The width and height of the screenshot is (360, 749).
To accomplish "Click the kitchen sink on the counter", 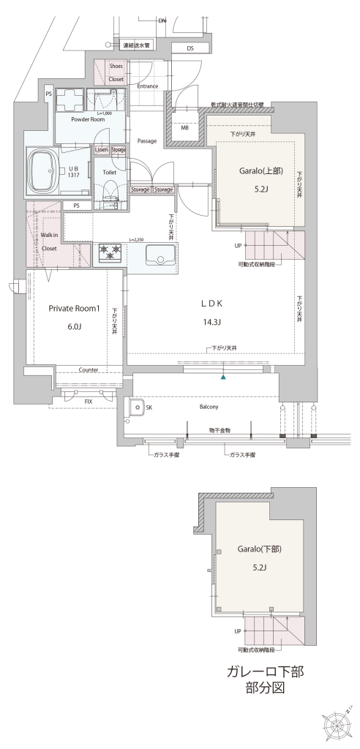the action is (160, 255).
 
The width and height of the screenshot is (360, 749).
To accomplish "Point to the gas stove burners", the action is (110, 252).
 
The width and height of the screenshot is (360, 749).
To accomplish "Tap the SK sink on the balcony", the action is (137, 407).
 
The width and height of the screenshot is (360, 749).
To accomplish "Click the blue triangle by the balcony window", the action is (223, 377).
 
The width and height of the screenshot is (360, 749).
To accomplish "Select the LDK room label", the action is (211, 303).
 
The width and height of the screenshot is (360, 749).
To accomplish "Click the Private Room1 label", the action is (74, 309).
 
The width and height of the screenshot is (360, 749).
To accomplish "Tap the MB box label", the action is (184, 128).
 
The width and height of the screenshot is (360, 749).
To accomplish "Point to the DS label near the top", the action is (190, 48).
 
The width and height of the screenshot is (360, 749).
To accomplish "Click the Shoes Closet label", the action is (116, 72).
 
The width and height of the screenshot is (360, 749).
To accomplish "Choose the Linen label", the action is (102, 150).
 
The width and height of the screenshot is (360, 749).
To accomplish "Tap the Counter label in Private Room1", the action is (89, 369).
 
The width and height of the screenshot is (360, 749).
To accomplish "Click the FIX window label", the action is (89, 402).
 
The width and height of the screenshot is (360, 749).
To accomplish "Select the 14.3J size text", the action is (211, 322).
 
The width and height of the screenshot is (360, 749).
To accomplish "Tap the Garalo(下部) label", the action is (259, 549).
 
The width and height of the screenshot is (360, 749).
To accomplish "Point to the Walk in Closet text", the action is (49, 241).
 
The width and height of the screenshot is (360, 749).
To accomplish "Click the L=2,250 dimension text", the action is (137, 239).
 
